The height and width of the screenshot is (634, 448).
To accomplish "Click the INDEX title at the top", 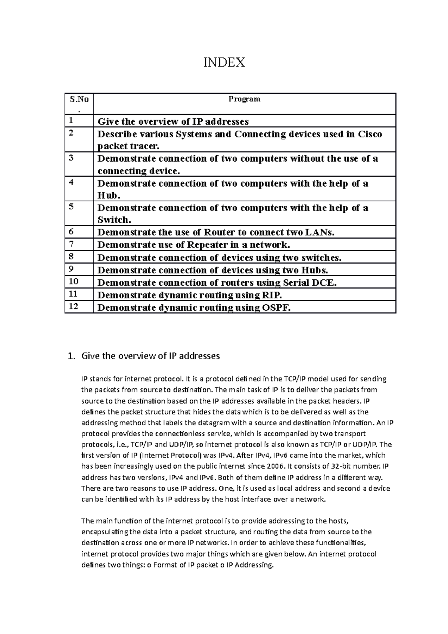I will [224, 62].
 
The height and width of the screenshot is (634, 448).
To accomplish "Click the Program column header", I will [244, 99].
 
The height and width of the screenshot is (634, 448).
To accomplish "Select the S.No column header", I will [79, 99].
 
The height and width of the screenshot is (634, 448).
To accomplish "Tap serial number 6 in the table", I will [71, 232].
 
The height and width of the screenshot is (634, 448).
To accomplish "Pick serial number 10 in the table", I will [73, 282].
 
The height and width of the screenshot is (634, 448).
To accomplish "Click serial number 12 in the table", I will [73, 307].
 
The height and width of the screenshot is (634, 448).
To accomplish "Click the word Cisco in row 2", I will [370, 134].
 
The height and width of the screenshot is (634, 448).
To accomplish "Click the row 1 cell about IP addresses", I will [173, 122].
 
